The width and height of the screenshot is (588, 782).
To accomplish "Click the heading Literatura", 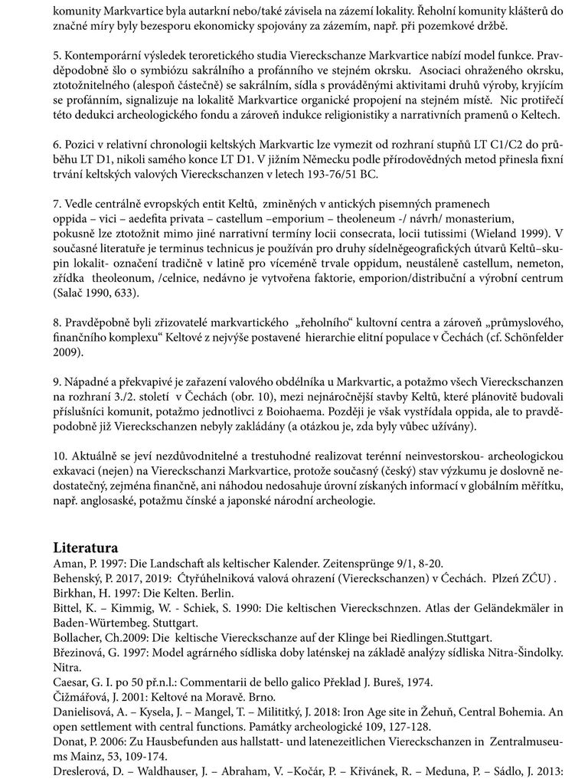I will tap(85, 548).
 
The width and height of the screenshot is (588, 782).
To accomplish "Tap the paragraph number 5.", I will tap(57, 57).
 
